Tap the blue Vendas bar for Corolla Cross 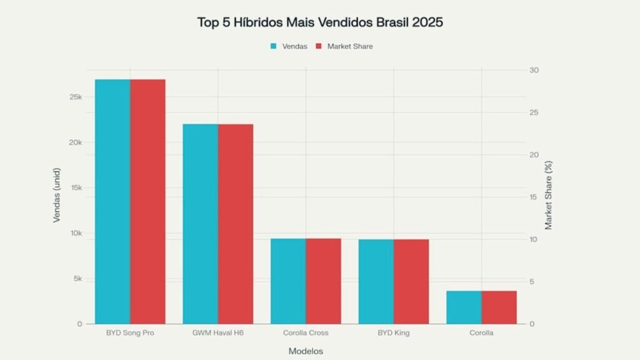click(x=288, y=281)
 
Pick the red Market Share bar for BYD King click(x=411, y=281)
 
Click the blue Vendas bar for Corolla click(x=464, y=307)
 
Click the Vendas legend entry click(x=289, y=46)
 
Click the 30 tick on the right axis click(x=533, y=70)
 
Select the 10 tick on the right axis click(x=533, y=239)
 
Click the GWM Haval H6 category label click(x=218, y=333)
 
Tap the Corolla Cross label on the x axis click(x=306, y=333)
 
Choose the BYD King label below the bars click(x=394, y=333)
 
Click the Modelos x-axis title click(x=306, y=351)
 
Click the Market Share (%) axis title click(x=549, y=195)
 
